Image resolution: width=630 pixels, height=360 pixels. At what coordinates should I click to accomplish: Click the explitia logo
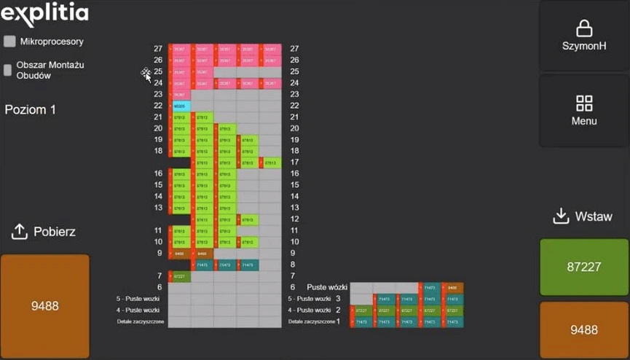click(44, 14)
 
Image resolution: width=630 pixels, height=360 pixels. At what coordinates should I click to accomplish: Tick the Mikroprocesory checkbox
click(9, 42)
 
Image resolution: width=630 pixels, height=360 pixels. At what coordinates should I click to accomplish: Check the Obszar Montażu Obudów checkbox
click(8, 70)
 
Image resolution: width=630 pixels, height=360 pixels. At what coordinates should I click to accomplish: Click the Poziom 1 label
click(31, 110)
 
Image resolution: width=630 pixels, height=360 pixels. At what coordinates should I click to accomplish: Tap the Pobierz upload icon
click(20, 232)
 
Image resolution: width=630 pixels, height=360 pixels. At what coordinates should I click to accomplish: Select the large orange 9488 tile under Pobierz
click(44, 306)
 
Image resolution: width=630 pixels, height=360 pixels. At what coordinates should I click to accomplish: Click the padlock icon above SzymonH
click(584, 28)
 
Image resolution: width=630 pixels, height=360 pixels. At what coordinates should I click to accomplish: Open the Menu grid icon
click(584, 103)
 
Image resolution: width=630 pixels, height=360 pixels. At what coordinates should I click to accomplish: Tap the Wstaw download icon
click(561, 216)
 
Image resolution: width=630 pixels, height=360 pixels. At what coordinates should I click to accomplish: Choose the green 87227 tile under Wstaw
click(584, 267)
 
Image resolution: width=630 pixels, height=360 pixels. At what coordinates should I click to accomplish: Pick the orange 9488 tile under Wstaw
click(584, 330)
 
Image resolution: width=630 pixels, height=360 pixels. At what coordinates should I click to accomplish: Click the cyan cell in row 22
click(180, 106)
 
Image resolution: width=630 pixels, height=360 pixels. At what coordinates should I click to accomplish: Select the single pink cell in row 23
click(180, 95)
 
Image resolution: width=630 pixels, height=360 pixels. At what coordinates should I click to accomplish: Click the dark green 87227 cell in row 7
click(180, 276)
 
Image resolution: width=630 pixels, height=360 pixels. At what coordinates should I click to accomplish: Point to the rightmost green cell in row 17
click(271, 163)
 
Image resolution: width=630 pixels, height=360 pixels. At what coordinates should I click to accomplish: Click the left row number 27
click(158, 49)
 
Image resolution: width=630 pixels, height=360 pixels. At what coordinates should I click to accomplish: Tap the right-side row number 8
click(293, 265)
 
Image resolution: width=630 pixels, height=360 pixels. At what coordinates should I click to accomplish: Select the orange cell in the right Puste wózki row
click(452, 288)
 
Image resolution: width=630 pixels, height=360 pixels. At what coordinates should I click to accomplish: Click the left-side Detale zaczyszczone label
click(141, 321)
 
